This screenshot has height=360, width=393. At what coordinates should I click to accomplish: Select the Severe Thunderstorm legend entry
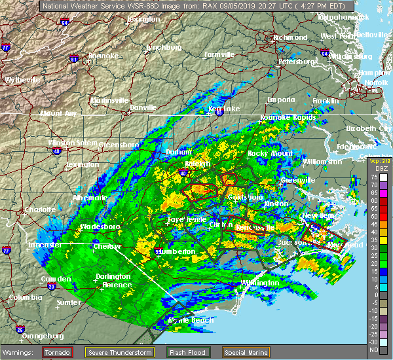[x=122, y=351]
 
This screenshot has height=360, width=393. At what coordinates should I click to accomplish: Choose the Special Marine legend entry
[x=246, y=351]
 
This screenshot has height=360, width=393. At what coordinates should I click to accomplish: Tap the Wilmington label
[x=259, y=283]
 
